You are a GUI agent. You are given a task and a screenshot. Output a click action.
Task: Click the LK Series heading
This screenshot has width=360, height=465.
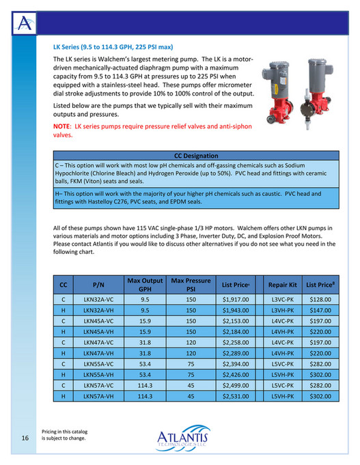(x=113, y=48)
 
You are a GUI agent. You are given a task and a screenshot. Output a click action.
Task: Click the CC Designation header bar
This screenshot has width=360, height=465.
(x=196, y=156)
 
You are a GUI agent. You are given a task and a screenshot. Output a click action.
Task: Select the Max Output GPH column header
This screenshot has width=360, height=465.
(x=145, y=285)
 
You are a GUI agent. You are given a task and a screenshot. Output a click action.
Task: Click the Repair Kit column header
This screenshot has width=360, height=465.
(x=282, y=285)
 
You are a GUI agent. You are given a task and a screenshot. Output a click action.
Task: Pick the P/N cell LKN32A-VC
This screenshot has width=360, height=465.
(x=98, y=299)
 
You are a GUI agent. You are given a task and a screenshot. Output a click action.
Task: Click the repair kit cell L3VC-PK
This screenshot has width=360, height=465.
(x=282, y=299)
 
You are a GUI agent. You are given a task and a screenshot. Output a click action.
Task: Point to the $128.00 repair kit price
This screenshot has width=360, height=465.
(x=319, y=299)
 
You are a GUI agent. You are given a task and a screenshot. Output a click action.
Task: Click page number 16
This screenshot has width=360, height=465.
(x=25, y=438)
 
